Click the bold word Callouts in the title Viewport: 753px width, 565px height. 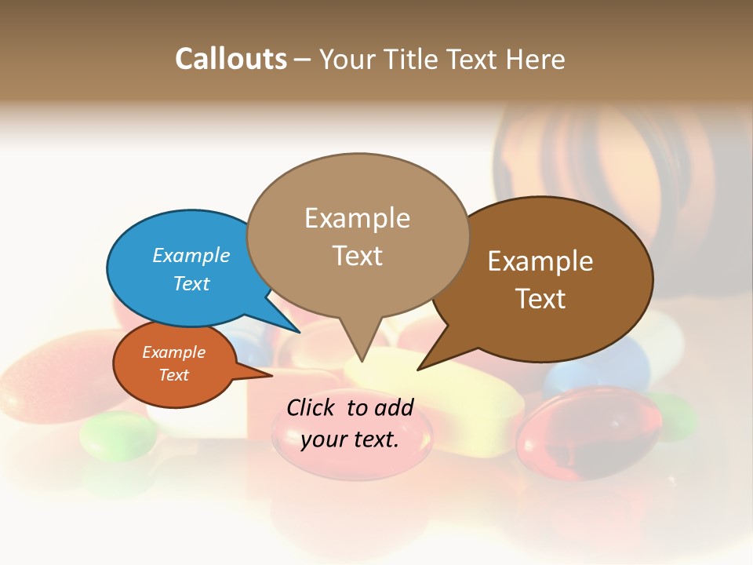(231, 59)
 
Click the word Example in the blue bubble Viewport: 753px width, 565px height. (191, 255)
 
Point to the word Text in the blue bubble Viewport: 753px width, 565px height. (191, 283)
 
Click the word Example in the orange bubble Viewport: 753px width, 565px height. (173, 352)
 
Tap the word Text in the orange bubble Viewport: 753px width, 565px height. (173, 375)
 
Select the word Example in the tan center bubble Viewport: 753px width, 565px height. (357, 218)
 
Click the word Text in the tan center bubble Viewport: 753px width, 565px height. (357, 256)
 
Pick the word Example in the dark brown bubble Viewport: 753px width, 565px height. (540, 261)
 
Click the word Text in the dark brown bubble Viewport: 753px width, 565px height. (540, 299)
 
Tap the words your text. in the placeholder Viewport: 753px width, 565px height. (350, 439)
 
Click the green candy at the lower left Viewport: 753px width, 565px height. (117, 435)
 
